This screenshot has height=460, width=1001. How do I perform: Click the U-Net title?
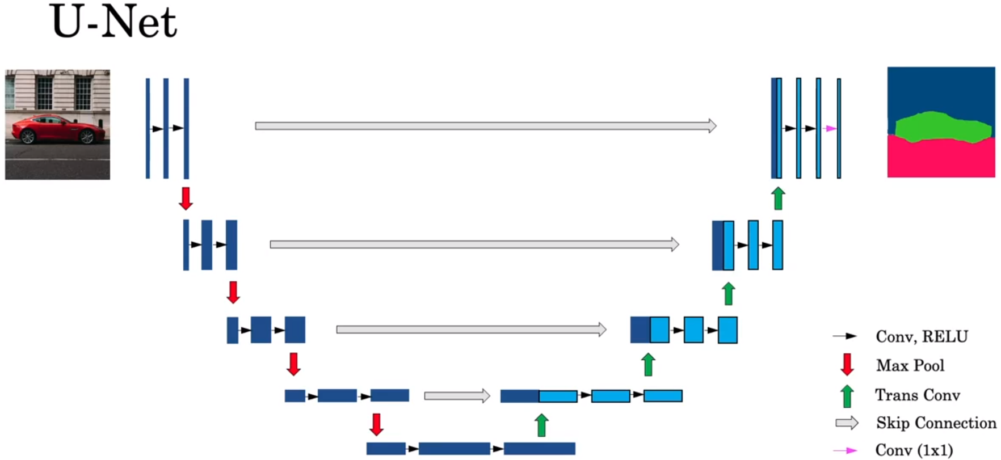(x=114, y=23)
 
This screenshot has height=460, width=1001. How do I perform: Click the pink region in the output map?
(x=941, y=159)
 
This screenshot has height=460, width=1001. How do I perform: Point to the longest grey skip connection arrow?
(x=485, y=126)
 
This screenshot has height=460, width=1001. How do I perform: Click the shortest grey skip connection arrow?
(x=457, y=396)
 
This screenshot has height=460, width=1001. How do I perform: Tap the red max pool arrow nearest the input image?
(x=186, y=199)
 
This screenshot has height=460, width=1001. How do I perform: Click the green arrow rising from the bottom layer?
(x=541, y=425)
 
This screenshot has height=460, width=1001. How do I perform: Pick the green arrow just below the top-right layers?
(x=779, y=199)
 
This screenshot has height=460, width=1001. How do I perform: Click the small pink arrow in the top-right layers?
(x=830, y=129)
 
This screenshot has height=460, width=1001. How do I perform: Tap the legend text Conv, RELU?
(x=922, y=337)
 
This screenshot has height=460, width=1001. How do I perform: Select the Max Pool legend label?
(x=910, y=366)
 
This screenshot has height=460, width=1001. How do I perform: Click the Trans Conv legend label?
(x=917, y=395)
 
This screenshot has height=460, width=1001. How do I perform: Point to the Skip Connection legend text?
(x=936, y=423)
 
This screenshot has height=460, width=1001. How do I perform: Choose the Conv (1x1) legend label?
(x=914, y=450)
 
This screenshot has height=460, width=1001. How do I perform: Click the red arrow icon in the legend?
(x=847, y=365)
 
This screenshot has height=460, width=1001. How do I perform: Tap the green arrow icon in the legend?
(x=847, y=396)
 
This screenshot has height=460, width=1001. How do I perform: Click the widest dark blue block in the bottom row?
(x=454, y=449)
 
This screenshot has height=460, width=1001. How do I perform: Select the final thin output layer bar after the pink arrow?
(x=839, y=129)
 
